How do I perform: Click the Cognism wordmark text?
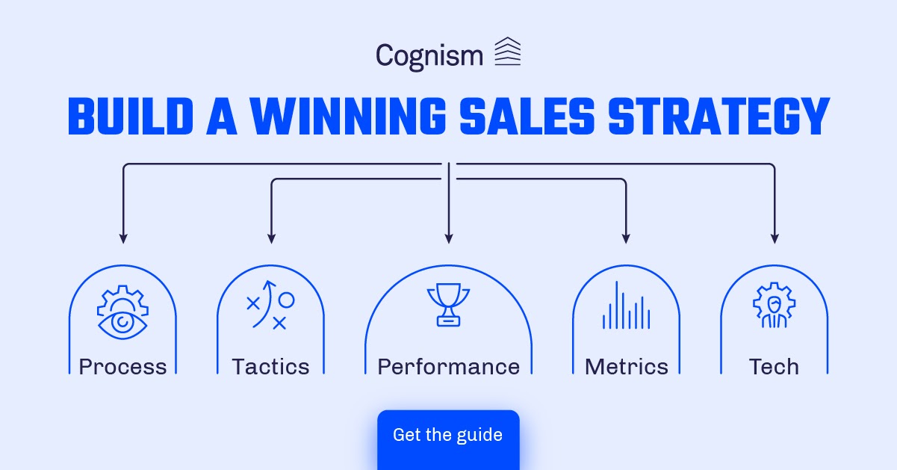429,56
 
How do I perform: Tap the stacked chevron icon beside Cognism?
508,52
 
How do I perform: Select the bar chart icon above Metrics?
626,306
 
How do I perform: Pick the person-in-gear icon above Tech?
774,307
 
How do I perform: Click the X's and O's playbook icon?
270,306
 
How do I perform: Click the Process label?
122,367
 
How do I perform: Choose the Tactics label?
270,367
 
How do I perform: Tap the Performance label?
448,367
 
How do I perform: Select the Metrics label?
626,367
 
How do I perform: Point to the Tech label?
774,367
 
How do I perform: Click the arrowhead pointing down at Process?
123,238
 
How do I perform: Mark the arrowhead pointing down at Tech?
775,238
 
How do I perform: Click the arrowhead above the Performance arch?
449,238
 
